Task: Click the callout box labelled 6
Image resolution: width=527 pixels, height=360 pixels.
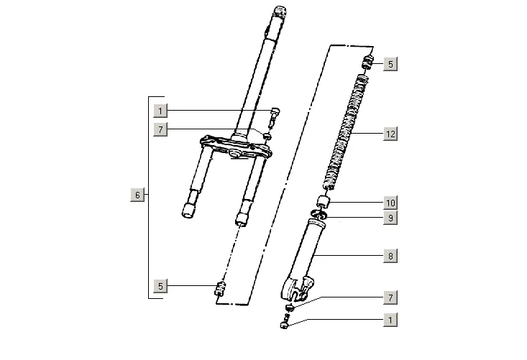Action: (137, 195)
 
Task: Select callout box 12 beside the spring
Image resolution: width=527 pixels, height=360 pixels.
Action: (390, 134)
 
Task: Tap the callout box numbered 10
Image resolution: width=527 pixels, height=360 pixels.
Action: (390, 203)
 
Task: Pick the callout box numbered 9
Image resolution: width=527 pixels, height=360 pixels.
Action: (390, 218)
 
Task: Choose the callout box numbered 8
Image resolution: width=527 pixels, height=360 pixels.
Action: (390, 257)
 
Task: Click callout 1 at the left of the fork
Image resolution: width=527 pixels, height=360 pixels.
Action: (160, 111)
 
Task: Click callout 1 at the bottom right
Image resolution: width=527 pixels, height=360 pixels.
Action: (390, 320)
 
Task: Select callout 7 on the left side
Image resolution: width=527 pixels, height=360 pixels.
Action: (160, 129)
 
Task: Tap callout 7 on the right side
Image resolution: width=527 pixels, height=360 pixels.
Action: (390, 297)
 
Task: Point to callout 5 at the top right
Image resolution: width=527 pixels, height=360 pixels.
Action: (390, 64)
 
